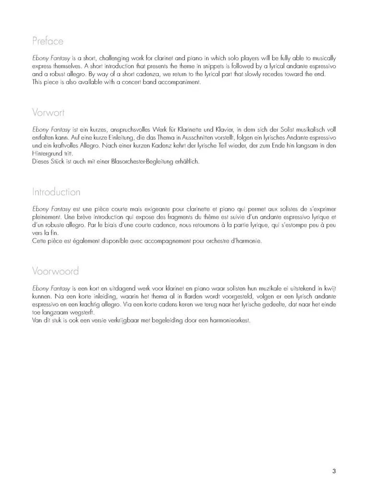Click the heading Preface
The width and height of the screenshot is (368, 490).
click(48, 41)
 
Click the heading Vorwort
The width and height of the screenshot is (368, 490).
click(48, 113)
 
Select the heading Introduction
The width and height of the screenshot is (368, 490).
click(56, 192)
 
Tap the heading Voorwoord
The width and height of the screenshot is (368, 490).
click(56, 271)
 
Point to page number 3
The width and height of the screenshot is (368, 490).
click(334, 471)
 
